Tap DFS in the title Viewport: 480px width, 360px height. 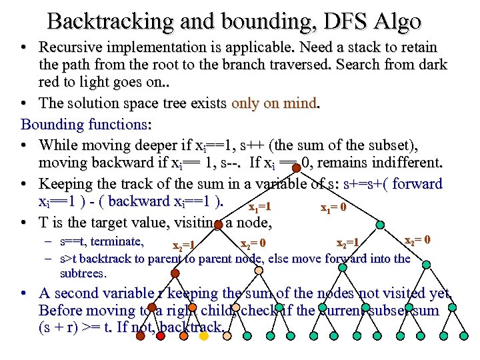(x=341, y=21)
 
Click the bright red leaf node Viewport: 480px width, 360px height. (x=160, y=335)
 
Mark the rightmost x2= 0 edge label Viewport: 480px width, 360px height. (x=418, y=239)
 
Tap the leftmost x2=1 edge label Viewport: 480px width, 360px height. (x=183, y=246)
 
